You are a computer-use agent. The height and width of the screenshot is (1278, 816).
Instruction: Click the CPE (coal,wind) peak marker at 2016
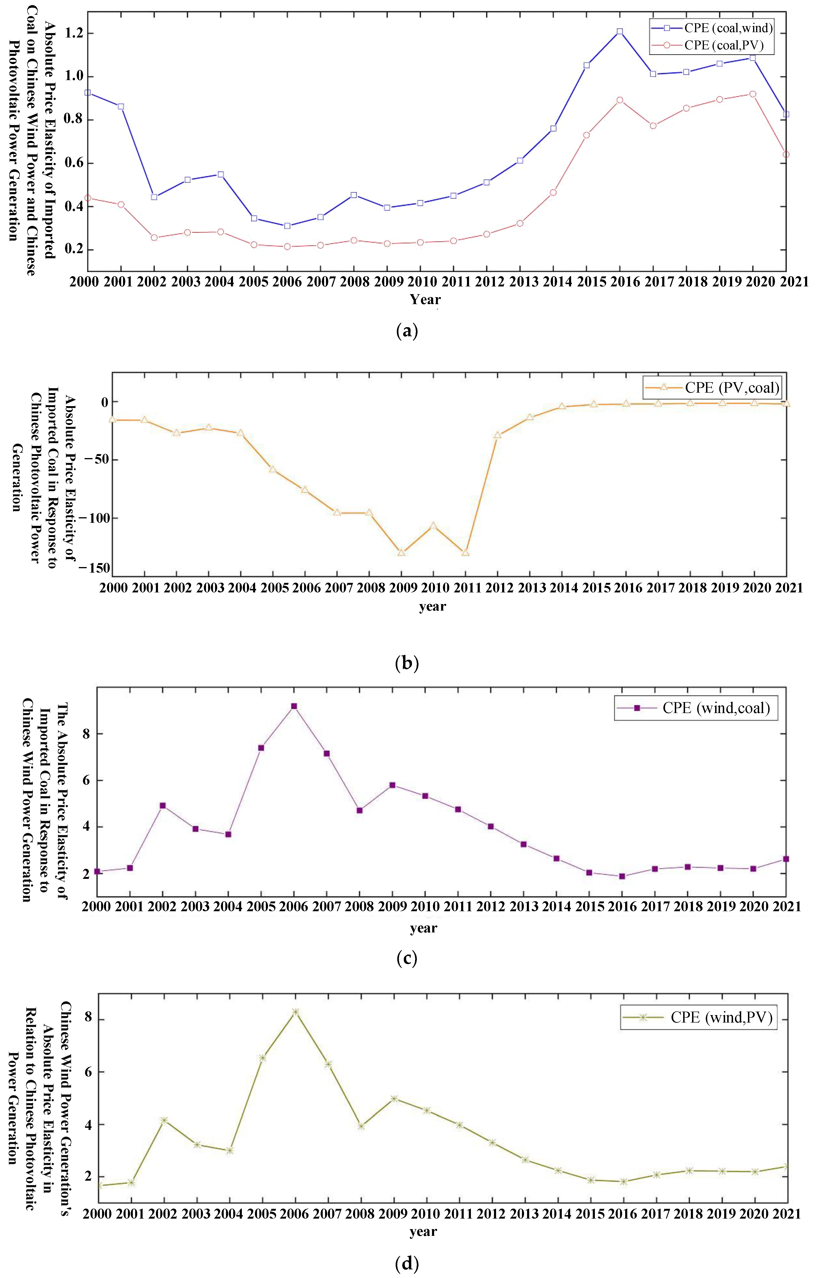(620, 31)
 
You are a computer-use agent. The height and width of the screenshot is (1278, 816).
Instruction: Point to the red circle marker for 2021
(786, 154)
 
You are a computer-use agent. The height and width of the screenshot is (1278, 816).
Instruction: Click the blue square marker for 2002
(154, 197)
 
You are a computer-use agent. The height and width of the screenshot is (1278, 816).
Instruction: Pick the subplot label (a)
(407, 331)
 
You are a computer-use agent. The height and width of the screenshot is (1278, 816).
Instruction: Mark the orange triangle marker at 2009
(401, 553)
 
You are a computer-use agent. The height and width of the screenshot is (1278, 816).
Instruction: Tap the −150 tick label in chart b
(94, 568)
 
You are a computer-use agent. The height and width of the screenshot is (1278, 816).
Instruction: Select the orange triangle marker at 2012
(497, 435)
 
